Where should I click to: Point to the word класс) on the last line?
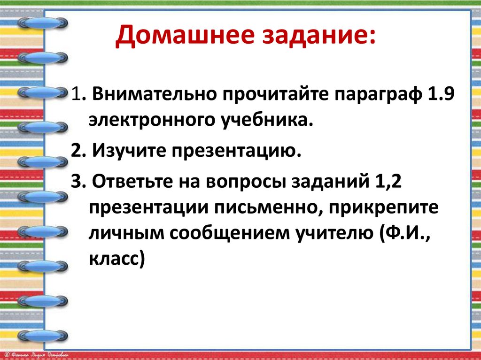(x=116, y=259)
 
